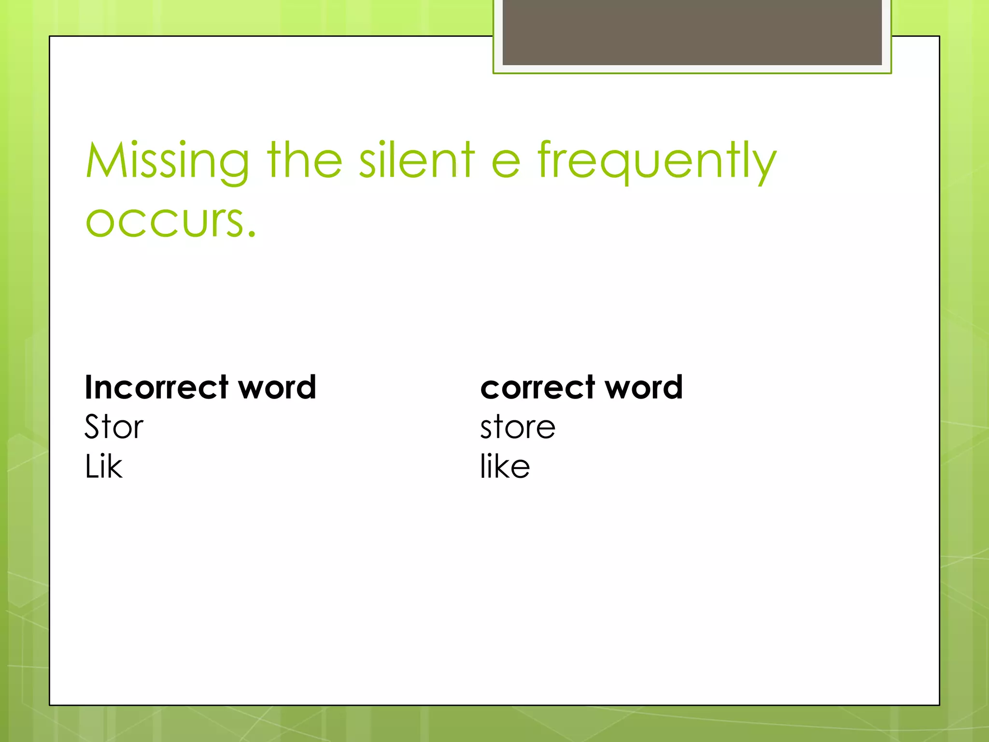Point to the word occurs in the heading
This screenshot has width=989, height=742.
[164, 221]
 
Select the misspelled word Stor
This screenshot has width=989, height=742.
[114, 427]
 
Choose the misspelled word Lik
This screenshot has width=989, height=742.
[103, 467]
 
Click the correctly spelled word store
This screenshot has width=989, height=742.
[518, 428]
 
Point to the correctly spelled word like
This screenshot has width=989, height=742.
[505, 467]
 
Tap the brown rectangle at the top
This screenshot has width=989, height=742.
[692, 32]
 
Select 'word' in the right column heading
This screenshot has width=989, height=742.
[644, 387]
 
